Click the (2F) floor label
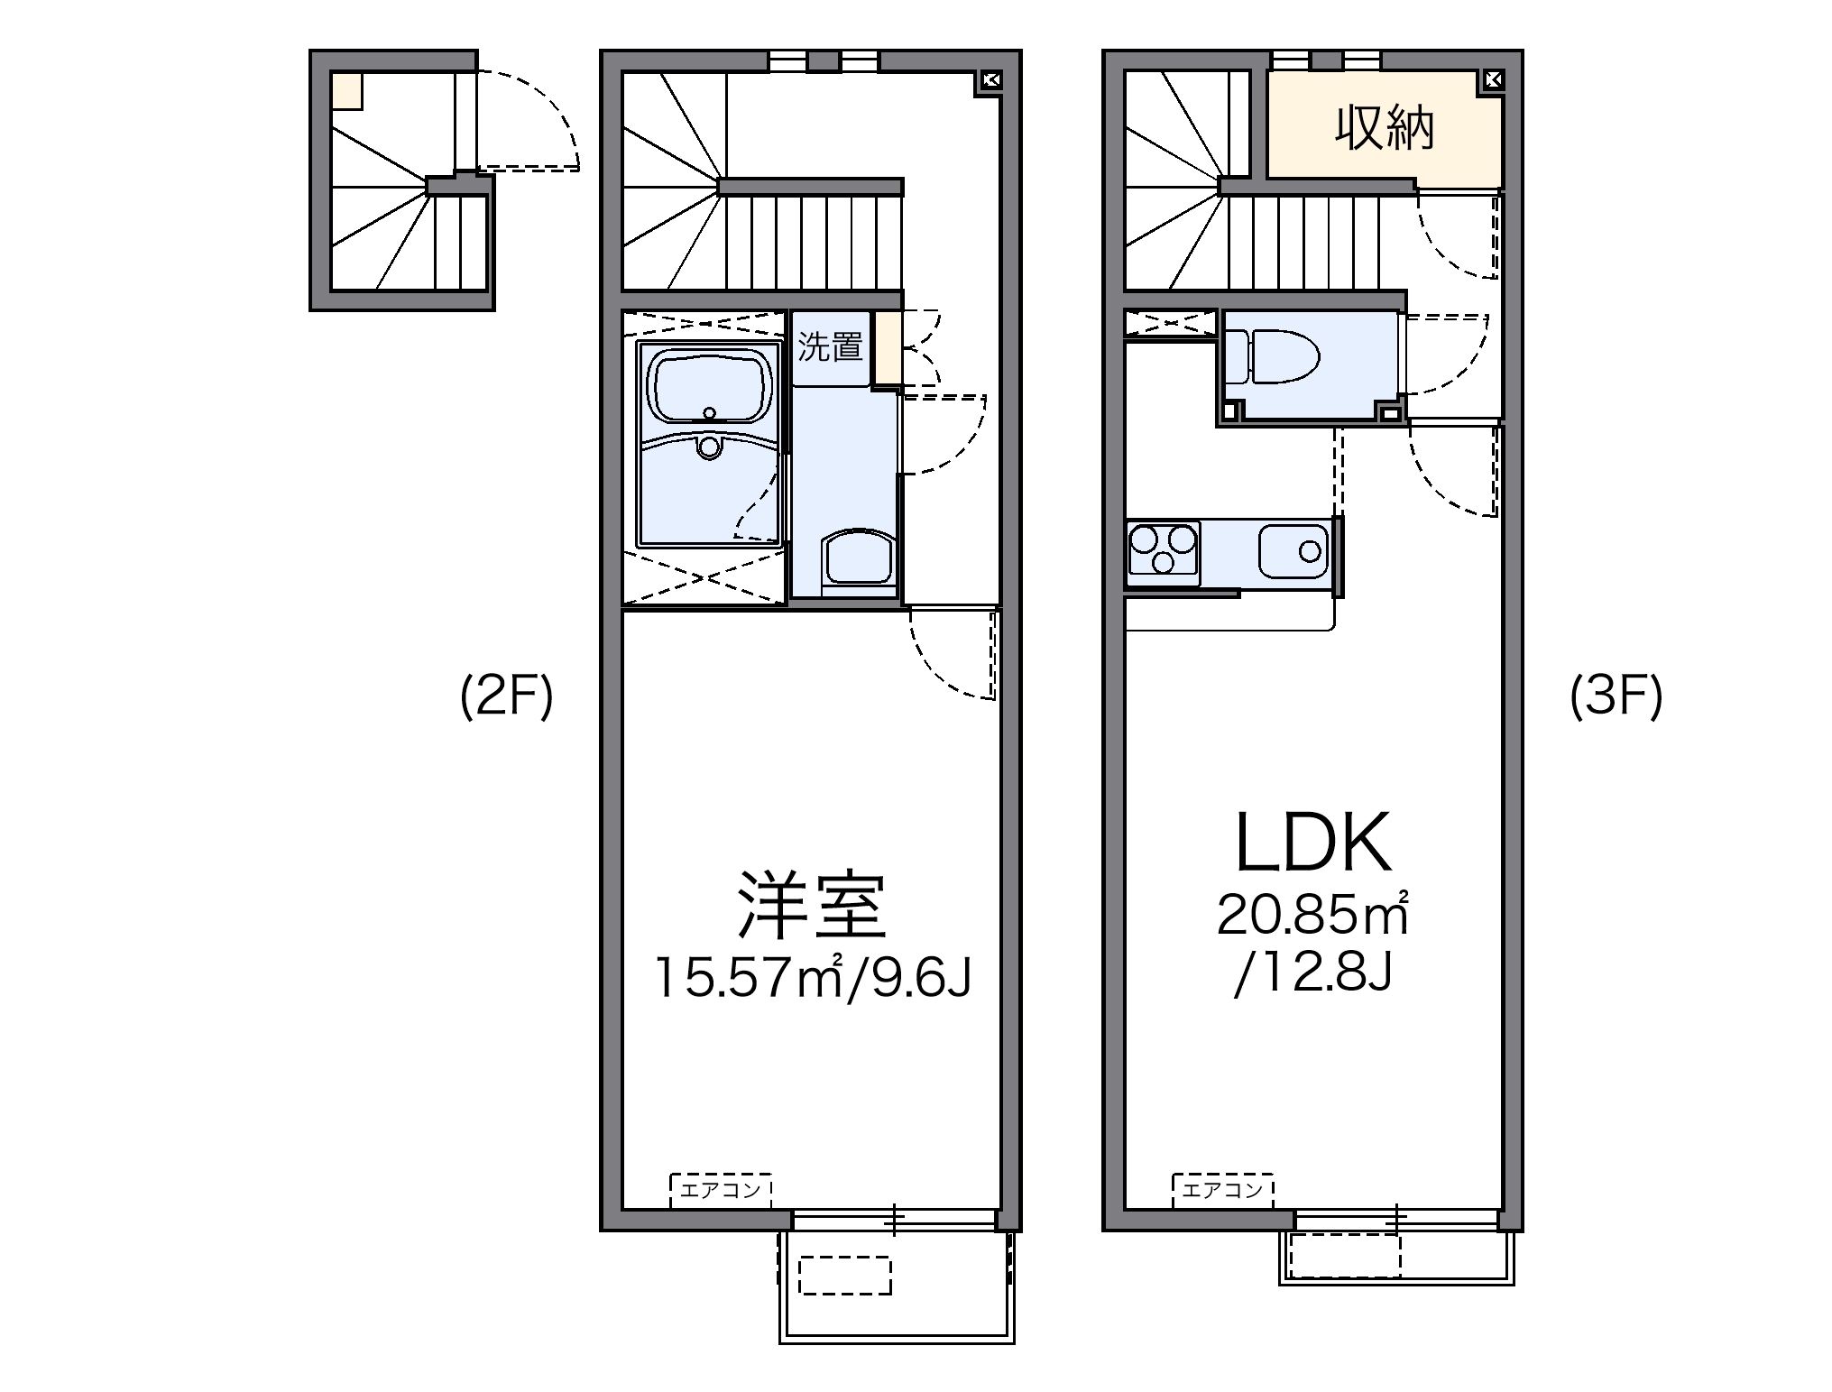coord(506,696)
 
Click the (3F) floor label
coord(1616,696)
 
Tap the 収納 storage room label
coord(1385,129)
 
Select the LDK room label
coord(1312,843)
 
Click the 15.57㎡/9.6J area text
coord(813,977)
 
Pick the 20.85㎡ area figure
coord(1312,915)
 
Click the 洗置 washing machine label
coord(830,347)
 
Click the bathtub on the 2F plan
coord(709,389)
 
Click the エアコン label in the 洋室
coord(722,1190)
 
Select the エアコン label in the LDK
coord(1223,1190)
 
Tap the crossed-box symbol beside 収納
coord(1492,80)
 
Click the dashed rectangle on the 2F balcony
coord(844,1276)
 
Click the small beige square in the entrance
coord(347,91)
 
